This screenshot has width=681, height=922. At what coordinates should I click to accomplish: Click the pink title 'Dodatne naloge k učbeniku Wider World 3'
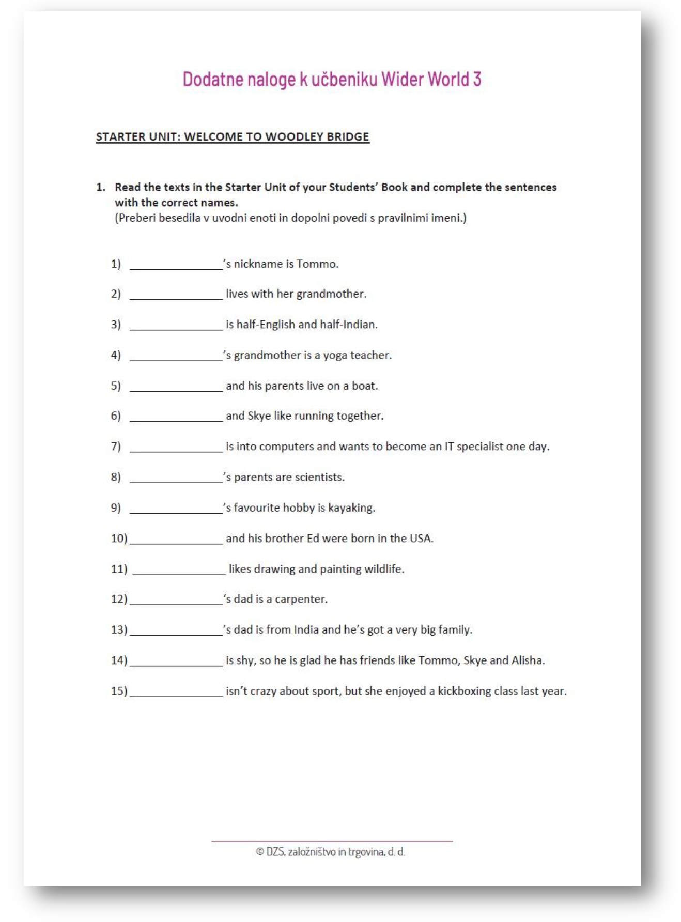pos(332,80)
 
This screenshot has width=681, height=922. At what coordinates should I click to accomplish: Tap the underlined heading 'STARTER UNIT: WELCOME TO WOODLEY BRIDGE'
pos(233,137)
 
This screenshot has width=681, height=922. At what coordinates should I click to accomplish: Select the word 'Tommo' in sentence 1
pos(316,264)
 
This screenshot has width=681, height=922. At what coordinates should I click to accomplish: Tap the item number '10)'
pos(119,539)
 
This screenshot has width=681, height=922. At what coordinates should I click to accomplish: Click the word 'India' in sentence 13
pos(306,630)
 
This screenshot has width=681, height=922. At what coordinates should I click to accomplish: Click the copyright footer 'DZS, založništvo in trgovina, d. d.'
pos(331,852)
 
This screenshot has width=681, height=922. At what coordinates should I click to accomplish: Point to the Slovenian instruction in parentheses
pos(290,218)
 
